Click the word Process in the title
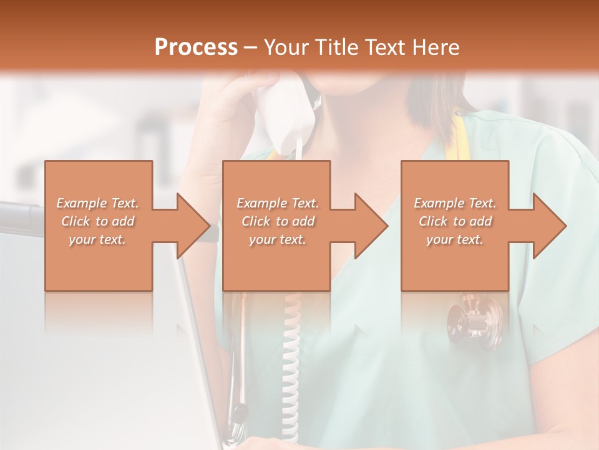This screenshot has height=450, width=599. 196,47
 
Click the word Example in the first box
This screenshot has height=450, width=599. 82,203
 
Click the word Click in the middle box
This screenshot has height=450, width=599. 256,221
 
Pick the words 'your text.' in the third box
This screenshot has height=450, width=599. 454,239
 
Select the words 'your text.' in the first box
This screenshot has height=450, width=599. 97,239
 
